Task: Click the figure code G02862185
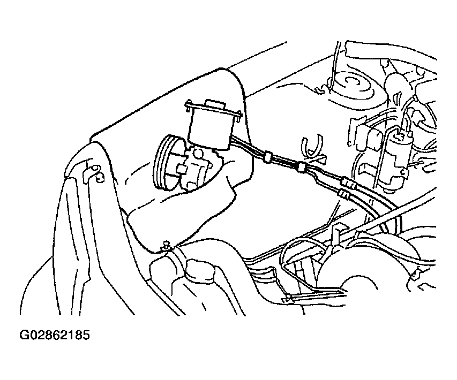pyautogui.click(x=55, y=335)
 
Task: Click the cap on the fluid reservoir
pyautogui.click(x=215, y=104)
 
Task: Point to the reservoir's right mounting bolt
pyautogui.click(x=239, y=116)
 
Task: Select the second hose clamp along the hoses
pyautogui.click(x=301, y=167)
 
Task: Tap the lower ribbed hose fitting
pyautogui.click(x=343, y=194)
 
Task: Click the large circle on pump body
pyautogui.click(x=199, y=154)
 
